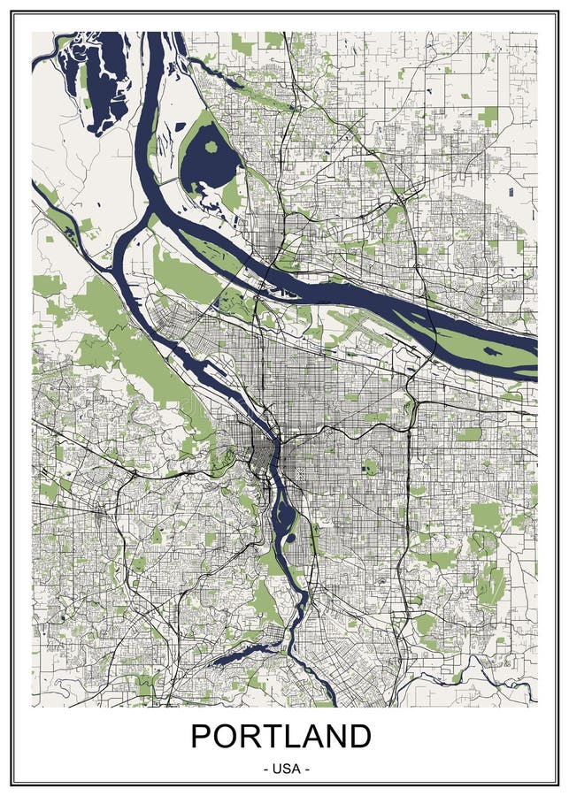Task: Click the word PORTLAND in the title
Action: (281, 737)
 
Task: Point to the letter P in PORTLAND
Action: (203, 737)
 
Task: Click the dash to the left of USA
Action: (267, 769)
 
